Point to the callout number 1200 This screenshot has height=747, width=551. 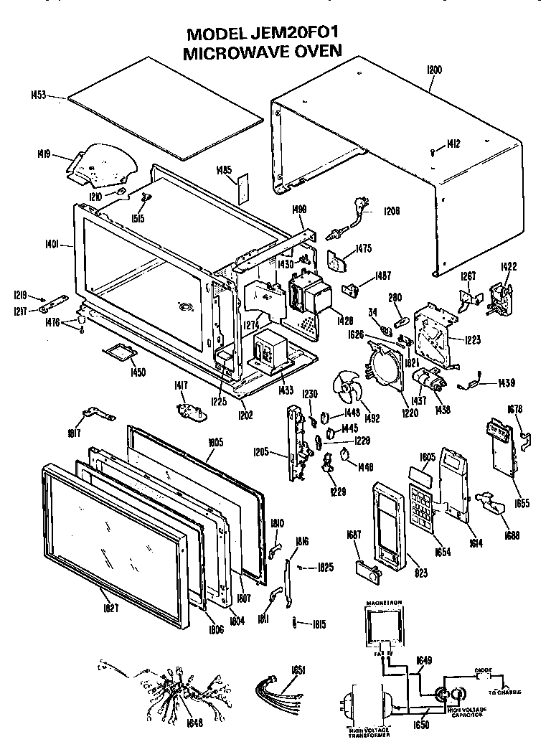pyautogui.click(x=434, y=70)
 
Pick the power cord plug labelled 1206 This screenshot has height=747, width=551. pyautogui.click(x=351, y=216)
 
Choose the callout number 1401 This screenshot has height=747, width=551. pyautogui.click(x=59, y=243)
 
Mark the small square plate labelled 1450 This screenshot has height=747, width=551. pyautogui.click(x=121, y=351)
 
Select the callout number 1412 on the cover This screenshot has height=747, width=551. pyautogui.click(x=453, y=144)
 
